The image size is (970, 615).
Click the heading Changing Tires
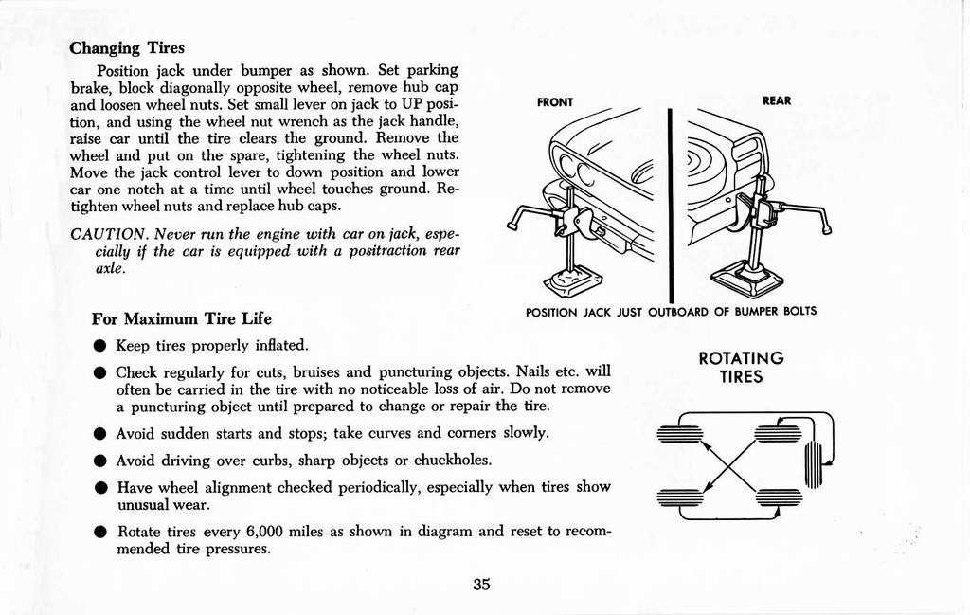127,47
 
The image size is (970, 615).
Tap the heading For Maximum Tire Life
181,318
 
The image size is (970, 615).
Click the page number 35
481,585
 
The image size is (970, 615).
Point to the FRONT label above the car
555,101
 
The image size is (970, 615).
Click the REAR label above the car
777,100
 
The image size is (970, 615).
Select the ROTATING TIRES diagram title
741,368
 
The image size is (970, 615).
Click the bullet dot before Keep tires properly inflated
99,346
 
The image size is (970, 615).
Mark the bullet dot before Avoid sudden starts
99,434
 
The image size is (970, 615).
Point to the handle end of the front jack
512,226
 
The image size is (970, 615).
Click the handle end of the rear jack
826,226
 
